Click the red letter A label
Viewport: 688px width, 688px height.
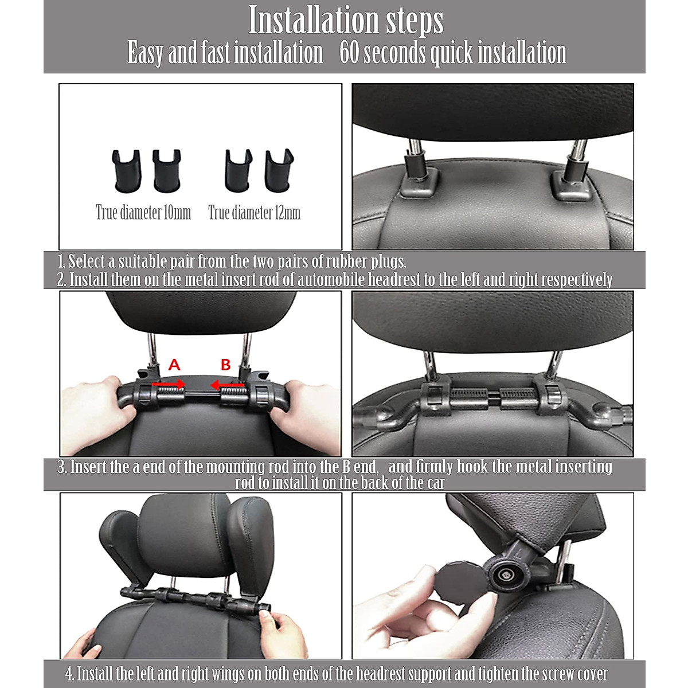tap(174, 365)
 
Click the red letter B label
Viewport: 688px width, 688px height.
tap(226, 365)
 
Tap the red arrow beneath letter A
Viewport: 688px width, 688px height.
tap(169, 383)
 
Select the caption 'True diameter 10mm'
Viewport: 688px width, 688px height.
tap(143, 213)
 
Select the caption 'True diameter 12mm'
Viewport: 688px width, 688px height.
tap(254, 213)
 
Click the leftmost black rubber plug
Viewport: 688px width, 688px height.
tap(126, 171)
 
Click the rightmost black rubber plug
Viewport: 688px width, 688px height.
tap(279, 170)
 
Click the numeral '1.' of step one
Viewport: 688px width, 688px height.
tap(61, 262)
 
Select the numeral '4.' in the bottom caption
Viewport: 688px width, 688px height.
tap(69, 674)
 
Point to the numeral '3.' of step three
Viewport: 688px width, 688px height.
tap(62, 467)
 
